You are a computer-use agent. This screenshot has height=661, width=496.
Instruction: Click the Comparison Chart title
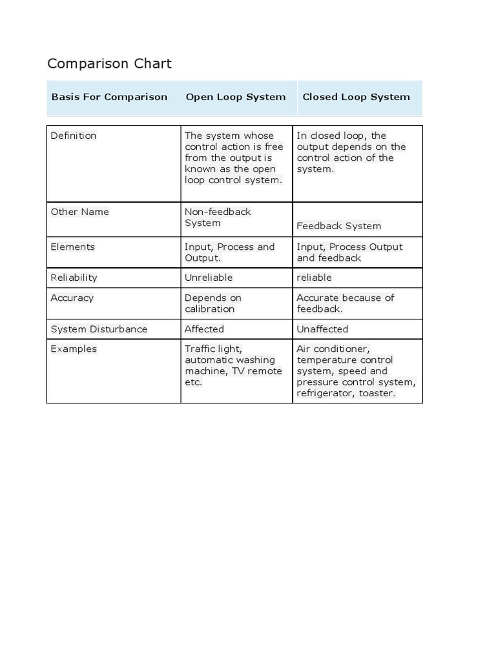point(109,63)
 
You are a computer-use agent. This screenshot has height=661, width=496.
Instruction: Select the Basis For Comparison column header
point(109,97)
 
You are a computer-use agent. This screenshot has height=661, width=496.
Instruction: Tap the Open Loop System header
point(235,97)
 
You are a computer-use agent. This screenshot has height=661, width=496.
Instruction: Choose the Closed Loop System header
point(356,97)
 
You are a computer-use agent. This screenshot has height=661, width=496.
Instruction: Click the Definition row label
point(74,136)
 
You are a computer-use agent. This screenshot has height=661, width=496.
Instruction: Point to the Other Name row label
point(80,212)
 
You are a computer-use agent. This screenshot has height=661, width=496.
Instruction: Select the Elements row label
point(72,247)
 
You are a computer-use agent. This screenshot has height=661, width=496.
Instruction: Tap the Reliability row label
point(74,278)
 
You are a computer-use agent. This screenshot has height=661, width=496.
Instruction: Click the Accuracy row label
point(72,298)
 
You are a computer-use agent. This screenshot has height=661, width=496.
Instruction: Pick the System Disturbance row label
point(99,329)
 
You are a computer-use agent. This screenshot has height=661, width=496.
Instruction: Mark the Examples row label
point(74,349)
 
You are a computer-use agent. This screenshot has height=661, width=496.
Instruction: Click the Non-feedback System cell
point(217,217)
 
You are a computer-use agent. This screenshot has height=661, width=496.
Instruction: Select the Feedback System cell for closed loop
point(338,226)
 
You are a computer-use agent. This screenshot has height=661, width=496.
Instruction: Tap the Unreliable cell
point(208,278)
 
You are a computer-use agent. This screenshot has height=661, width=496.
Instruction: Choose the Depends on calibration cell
point(212,303)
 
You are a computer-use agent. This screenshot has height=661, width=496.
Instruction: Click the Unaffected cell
point(322,329)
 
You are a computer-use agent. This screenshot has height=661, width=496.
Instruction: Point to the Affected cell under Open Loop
point(204,329)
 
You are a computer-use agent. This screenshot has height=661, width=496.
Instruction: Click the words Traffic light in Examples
point(212,349)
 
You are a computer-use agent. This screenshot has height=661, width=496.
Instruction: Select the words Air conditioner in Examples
point(333,349)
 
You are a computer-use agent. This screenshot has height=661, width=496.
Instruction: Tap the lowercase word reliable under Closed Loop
point(314,278)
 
